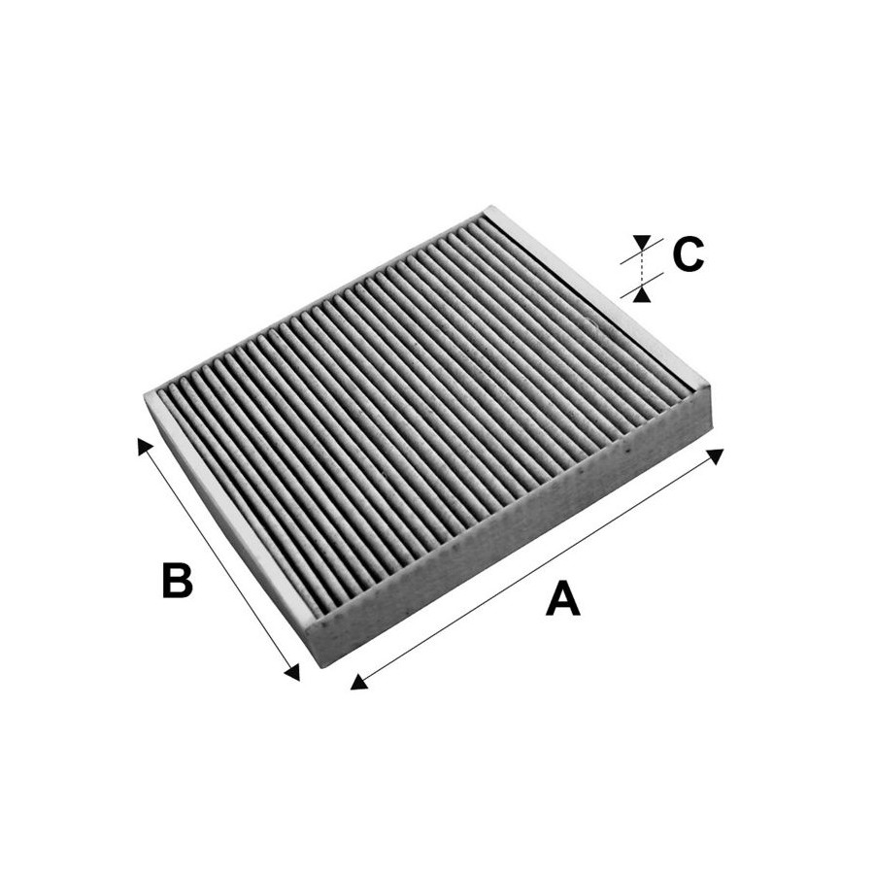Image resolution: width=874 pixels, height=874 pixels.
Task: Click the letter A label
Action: pyautogui.click(x=563, y=598)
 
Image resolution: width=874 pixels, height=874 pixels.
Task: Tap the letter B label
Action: pyautogui.click(x=177, y=581)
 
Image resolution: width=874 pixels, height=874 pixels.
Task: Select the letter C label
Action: pyautogui.click(x=688, y=254)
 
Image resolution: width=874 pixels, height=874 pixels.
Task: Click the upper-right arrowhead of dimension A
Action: pyautogui.click(x=716, y=455)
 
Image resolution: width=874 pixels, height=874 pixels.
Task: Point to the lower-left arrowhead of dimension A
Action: pyautogui.click(x=359, y=682)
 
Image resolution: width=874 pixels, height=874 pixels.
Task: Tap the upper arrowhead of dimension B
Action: pyautogui.click(x=145, y=446)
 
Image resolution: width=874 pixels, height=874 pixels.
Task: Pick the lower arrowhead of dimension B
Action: pyautogui.click(x=292, y=673)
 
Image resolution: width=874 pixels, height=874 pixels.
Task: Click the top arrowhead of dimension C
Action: pyautogui.click(x=642, y=243)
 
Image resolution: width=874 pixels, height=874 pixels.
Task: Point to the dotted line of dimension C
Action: pyautogui.click(x=642, y=269)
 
